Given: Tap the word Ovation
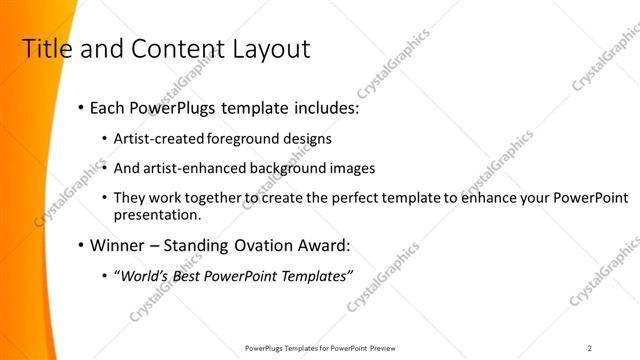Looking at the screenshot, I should pyautogui.click(x=267, y=245).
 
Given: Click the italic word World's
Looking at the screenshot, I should pyautogui.click(x=145, y=275).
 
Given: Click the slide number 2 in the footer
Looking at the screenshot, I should pyautogui.click(x=590, y=347).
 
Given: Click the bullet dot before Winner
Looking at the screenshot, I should pyautogui.click(x=80, y=245).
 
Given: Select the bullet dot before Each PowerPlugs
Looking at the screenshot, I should pyautogui.click(x=80, y=107).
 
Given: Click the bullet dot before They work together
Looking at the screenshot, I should pyautogui.click(x=106, y=198).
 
